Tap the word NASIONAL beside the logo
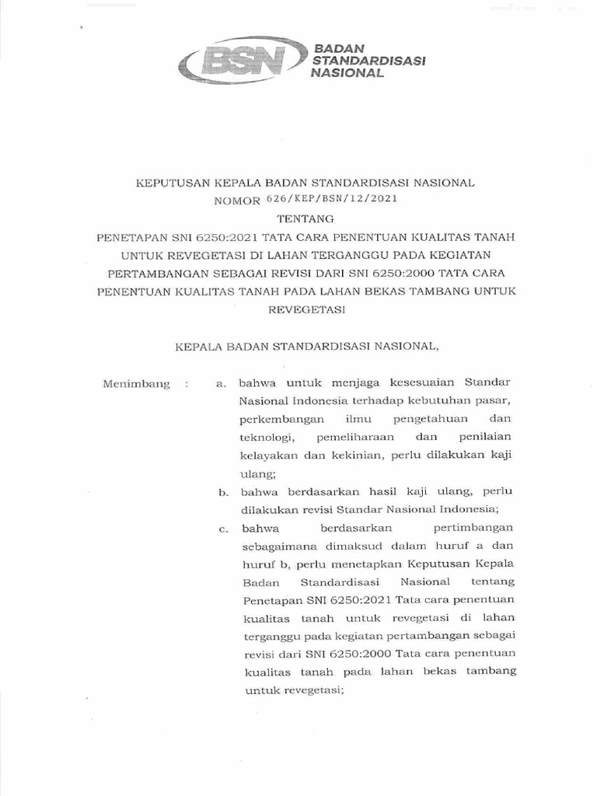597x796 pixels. coord(347,73)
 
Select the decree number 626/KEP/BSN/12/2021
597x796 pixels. coord(349,199)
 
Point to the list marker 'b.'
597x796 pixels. coord(222,493)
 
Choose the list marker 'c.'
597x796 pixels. coord(222,529)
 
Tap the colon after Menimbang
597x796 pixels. coord(186,384)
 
